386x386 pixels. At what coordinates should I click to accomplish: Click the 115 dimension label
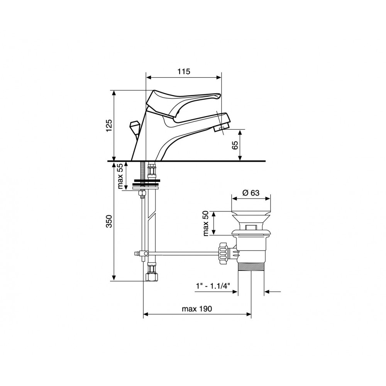(x=184, y=71)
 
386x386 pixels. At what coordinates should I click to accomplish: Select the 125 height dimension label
(x=109, y=125)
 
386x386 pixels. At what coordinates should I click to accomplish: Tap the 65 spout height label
(x=235, y=145)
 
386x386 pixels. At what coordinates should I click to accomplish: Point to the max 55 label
(x=120, y=176)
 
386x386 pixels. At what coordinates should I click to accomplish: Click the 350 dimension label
(x=109, y=221)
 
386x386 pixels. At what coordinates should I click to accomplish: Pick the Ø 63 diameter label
(x=251, y=193)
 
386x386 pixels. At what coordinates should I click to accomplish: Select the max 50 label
(x=206, y=223)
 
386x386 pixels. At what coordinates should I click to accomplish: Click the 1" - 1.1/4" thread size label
(x=213, y=286)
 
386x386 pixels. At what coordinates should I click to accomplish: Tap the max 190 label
(x=197, y=309)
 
